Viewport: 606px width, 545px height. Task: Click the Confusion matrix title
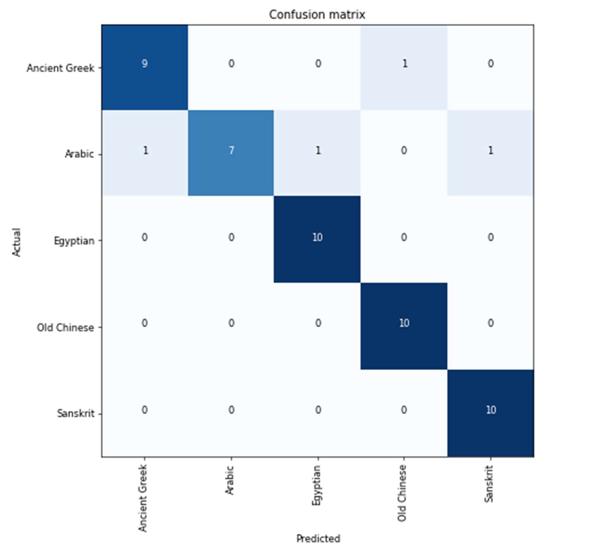[x=317, y=15]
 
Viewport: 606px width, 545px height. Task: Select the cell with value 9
[x=144, y=64]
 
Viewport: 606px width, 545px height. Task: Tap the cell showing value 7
[x=231, y=151]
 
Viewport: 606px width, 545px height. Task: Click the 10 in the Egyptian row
[x=317, y=237]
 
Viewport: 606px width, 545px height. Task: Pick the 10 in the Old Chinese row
[x=404, y=323]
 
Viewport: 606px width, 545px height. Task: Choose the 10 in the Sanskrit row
[x=491, y=410]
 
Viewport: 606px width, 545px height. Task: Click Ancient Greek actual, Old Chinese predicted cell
[x=404, y=64]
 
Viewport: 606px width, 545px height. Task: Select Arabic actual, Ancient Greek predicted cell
[x=145, y=151]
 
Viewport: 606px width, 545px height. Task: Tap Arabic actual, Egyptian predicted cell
[x=318, y=151]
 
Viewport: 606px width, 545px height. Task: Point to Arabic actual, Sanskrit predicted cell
[x=490, y=151]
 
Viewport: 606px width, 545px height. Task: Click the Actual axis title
[x=17, y=242]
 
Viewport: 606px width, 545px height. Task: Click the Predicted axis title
[x=318, y=538]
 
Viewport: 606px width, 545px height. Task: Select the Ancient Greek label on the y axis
[x=60, y=68]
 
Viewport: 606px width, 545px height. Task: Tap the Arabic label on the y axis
[x=79, y=154]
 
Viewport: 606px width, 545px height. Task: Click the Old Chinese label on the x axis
[x=402, y=493]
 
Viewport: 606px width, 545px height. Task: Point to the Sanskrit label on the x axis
[x=489, y=484]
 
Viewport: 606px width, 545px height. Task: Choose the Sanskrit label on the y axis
[x=76, y=414]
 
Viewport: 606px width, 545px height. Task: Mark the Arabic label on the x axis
[x=230, y=480]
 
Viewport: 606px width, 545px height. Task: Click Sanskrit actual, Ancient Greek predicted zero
[x=144, y=410]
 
